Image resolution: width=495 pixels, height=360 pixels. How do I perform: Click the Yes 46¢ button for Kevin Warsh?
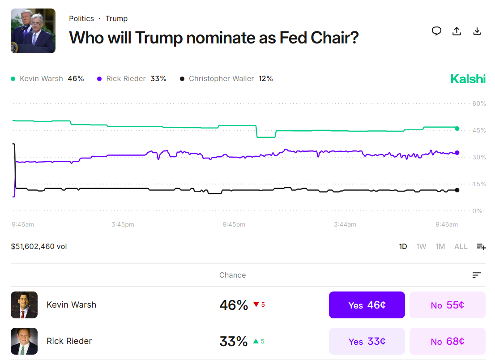click(367, 305)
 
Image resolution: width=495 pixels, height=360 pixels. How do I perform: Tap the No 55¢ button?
click(447, 305)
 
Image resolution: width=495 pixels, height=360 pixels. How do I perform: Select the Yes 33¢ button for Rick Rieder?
click(367, 341)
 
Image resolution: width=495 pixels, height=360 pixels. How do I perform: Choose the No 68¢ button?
click(447, 341)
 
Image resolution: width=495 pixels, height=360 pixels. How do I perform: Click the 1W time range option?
click(421, 246)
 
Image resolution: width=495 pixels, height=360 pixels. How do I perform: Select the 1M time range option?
click(440, 246)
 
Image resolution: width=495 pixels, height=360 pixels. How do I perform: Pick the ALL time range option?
click(461, 246)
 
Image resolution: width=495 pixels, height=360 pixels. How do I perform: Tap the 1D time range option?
click(403, 246)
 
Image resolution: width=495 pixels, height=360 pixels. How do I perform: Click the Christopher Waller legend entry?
click(226, 79)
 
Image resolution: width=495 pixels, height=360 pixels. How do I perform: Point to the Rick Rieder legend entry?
click(132, 79)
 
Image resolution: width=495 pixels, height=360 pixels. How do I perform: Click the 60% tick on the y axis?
click(479, 103)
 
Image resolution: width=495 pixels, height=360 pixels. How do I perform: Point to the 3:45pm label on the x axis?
click(123, 224)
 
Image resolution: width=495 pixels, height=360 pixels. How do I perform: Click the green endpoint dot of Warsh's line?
click(457, 129)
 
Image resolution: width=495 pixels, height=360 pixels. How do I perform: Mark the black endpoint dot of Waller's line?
click(457, 190)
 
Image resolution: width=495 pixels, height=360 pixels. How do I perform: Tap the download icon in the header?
click(477, 31)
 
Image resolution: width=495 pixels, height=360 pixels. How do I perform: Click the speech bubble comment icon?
click(436, 31)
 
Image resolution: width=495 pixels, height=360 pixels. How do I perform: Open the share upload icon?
click(457, 31)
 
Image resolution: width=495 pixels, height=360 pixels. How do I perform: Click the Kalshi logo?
click(468, 79)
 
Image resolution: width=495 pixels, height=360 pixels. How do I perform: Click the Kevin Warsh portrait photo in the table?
click(24, 305)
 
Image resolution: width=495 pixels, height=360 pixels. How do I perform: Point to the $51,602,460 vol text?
click(39, 246)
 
